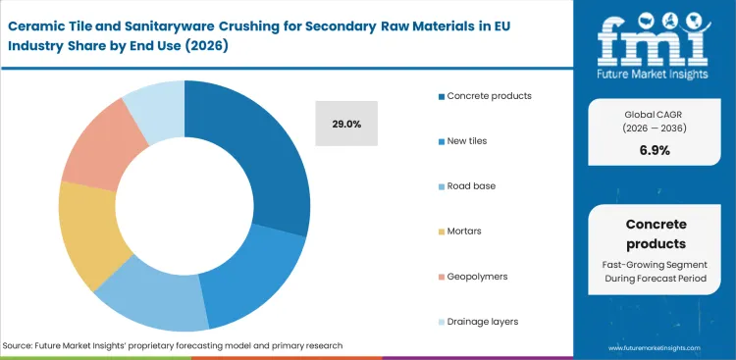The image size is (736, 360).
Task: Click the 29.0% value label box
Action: (x=346, y=124)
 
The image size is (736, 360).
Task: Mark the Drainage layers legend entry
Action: (x=483, y=322)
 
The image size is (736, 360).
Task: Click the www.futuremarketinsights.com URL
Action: (x=657, y=347)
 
